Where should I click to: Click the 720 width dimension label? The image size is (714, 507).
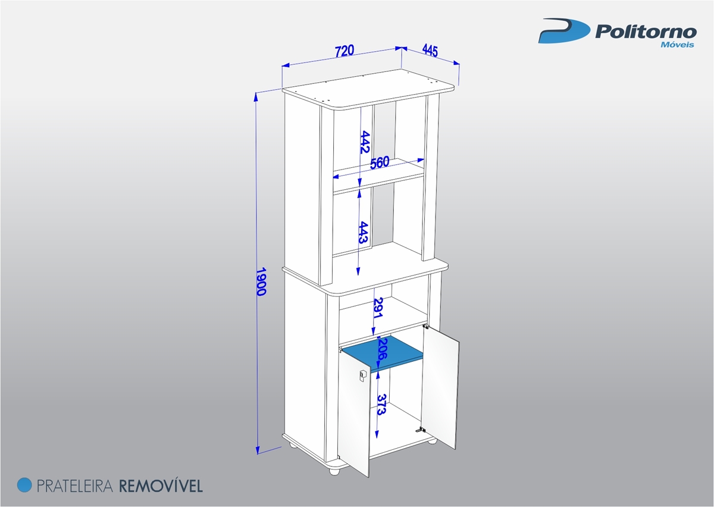tap(345, 51)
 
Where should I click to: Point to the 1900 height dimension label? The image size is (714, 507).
tap(261, 281)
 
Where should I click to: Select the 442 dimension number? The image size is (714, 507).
tap(365, 142)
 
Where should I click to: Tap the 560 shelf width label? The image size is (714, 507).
tap(380, 162)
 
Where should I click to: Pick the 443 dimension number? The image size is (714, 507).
tap(364, 233)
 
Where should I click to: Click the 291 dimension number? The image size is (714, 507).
tap(378, 308)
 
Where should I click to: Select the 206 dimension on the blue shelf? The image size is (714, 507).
tap(383, 349)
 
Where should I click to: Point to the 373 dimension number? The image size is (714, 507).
tap(382, 405)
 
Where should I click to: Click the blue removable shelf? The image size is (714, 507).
tap(383, 353)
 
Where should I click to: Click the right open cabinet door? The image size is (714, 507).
tap(441, 387)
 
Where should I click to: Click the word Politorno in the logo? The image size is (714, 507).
tap(646, 33)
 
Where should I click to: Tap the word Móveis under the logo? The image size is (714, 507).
tap(677, 45)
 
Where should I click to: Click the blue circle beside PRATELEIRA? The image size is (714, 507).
tap(24, 485)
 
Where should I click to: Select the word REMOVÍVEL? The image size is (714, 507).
tap(161, 486)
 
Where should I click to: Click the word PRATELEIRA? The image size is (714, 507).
tap(75, 486)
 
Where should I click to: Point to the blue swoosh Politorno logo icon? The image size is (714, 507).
tap(563, 30)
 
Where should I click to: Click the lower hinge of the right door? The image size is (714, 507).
tap(421, 430)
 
